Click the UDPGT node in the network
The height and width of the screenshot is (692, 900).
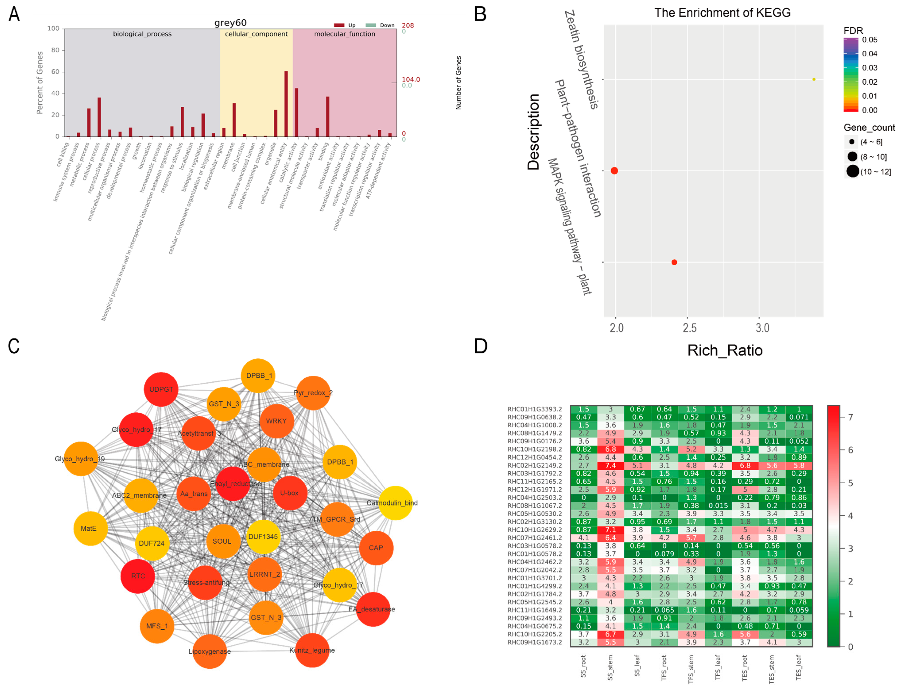(161, 389)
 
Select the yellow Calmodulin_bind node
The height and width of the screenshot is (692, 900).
(395, 503)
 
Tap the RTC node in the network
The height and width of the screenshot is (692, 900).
(138, 576)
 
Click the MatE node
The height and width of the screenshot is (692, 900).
(90, 528)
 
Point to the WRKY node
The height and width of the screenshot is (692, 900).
(276, 421)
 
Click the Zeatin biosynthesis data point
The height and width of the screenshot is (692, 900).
(813, 79)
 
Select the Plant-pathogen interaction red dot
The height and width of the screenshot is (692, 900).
(614, 170)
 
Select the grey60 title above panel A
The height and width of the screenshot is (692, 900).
(230, 23)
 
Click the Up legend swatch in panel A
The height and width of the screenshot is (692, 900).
(339, 25)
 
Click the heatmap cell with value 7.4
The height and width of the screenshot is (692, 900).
(610, 465)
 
